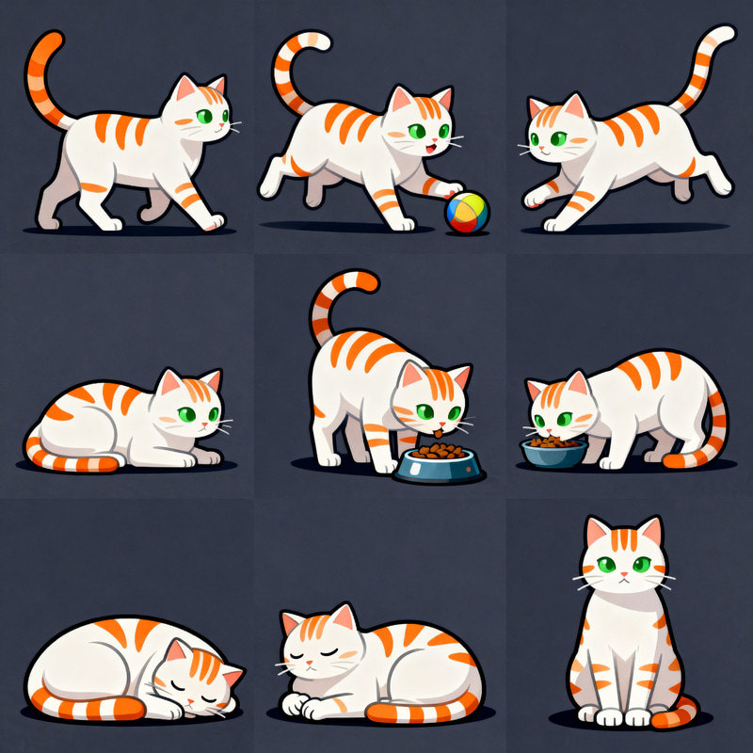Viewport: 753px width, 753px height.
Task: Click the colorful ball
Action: click(x=467, y=213)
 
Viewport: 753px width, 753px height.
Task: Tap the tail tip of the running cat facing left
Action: click(x=725, y=33)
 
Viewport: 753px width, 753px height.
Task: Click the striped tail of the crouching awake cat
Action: click(x=75, y=460)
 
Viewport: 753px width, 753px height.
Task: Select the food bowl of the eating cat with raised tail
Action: click(x=438, y=463)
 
